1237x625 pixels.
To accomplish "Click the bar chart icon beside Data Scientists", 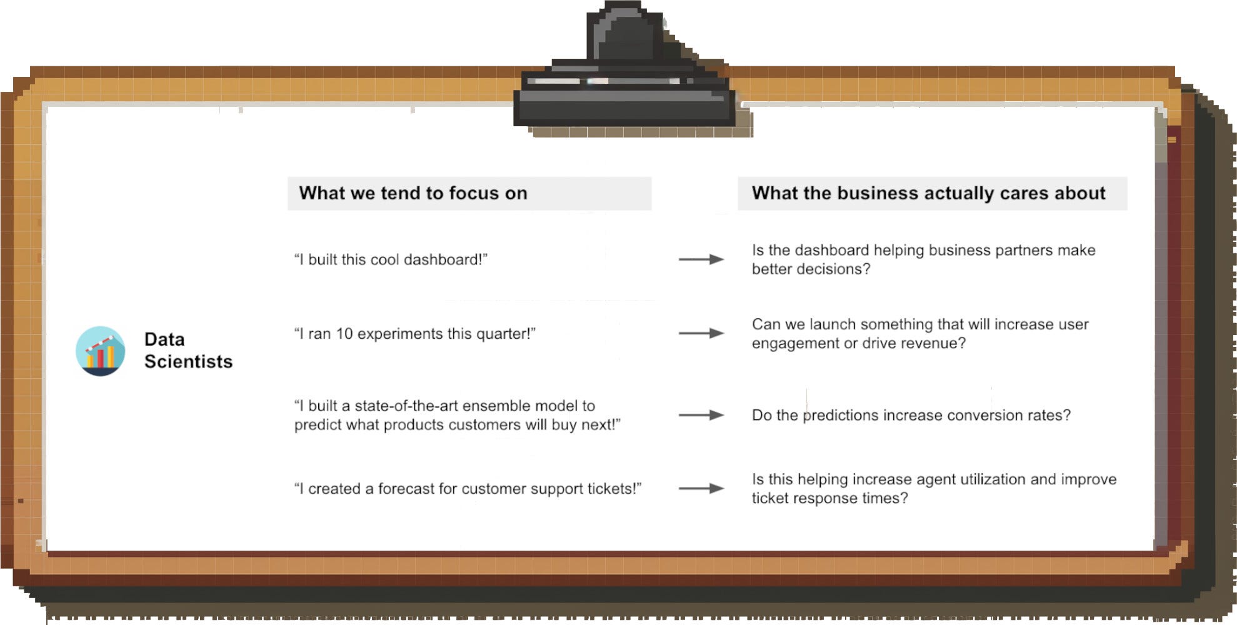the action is click(x=100, y=351).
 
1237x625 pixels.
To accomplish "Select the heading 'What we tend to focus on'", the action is click(x=413, y=193).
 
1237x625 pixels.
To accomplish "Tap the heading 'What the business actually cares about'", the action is click(x=929, y=193).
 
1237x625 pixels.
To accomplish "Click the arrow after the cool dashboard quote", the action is click(x=701, y=259).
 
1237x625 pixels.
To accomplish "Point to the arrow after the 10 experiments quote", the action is click(x=701, y=334).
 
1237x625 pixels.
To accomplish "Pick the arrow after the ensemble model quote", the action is click(x=701, y=415).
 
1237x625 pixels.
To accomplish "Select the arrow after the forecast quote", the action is click(x=701, y=489).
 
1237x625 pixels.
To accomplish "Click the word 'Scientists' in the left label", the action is click(x=188, y=362).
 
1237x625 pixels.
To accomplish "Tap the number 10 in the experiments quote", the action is click(x=344, y=334).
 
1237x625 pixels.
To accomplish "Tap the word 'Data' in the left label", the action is click(x=164, y=339).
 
